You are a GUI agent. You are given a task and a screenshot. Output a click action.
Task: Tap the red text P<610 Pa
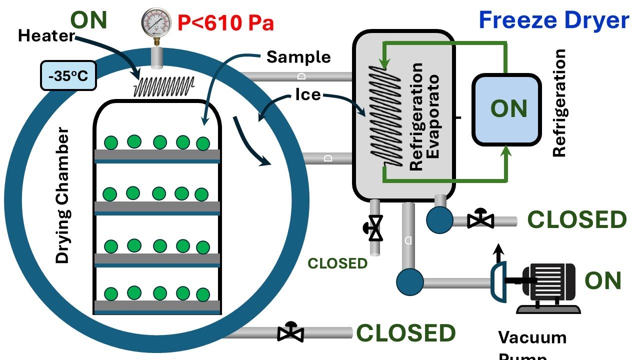pos(225,23)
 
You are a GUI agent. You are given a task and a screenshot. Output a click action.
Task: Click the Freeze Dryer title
pos(553,20)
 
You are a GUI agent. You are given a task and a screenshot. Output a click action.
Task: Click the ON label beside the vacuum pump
pos(602,281)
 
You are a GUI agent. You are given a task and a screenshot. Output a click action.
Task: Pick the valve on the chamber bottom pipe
pos(290,332)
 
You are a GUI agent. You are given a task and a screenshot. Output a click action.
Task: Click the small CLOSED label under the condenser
pos(337,263)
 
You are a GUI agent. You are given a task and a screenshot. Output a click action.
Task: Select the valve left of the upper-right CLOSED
pos(480,218)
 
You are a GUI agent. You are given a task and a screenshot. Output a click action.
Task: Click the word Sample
pos(298,57)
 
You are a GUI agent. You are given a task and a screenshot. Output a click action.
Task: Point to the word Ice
pos(308,94)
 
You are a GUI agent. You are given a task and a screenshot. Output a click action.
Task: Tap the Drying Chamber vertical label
pos(63,195)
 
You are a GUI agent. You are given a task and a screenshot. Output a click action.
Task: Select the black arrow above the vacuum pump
pos(497,253)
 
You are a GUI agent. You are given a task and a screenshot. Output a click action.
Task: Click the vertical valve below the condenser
pos(374,227)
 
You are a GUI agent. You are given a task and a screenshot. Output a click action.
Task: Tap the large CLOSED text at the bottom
pos(405,333)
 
